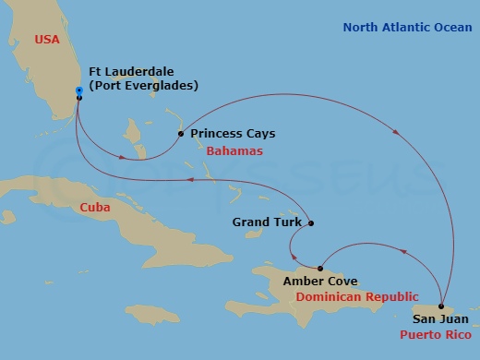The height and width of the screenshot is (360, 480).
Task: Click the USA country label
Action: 48,40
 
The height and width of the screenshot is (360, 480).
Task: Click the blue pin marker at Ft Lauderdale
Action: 78,91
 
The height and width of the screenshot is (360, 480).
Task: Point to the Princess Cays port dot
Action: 180,134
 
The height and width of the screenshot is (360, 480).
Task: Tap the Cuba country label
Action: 95,208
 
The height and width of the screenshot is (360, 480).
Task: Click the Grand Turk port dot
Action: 311,223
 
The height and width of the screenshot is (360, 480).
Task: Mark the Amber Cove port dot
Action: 320,269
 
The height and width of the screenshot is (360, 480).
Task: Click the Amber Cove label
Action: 320,282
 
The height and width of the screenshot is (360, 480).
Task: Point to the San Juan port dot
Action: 442,307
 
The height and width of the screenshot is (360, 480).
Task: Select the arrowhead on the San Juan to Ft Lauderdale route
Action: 397,132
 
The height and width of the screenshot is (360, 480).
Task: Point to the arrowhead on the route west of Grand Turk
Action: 188,181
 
